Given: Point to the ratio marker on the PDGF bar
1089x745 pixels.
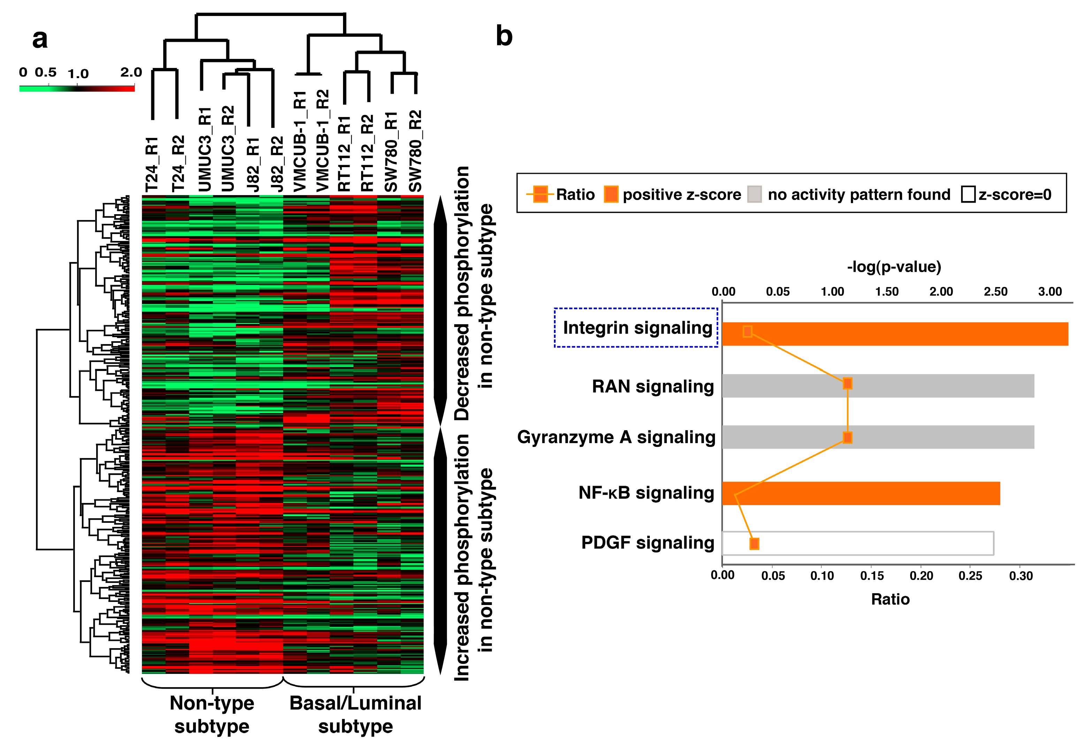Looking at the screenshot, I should (754, 544).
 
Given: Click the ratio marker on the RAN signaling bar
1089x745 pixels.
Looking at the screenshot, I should (847, 383).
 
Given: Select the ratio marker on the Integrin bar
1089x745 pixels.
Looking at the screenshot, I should (747, 332).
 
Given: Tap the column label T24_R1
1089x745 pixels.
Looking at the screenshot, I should (153, 165).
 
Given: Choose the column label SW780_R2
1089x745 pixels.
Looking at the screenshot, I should (415, 151).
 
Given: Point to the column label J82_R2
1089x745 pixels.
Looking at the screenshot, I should (277, 164).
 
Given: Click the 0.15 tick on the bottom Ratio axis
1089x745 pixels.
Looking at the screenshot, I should (871, 575).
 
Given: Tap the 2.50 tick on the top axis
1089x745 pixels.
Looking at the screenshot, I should (995, 292).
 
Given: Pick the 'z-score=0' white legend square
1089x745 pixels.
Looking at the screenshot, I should (968, 194).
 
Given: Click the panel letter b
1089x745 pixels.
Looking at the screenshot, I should (504, 36).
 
